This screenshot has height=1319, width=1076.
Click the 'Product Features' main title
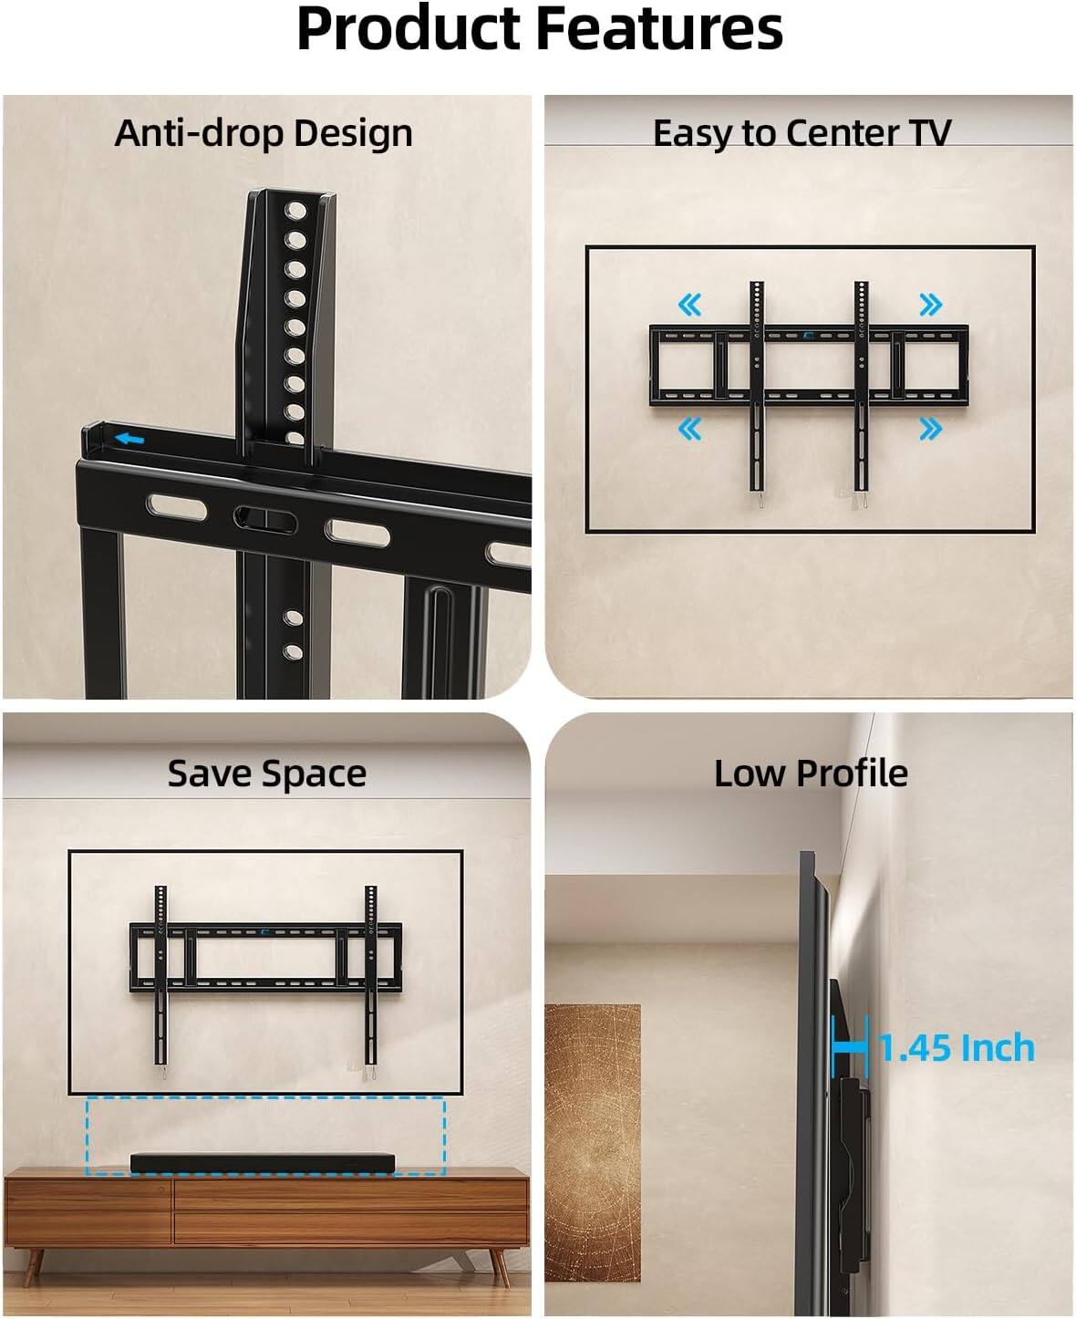tap(539, 29)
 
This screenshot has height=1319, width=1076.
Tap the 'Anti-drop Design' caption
tap(264, 133)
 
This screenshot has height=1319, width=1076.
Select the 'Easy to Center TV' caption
tap(802, 133)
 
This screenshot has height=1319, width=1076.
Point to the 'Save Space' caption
tap(266, 774)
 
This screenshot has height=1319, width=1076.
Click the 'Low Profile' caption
tap(811, 774)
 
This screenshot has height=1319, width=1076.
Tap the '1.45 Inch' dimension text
tap(957, 1049)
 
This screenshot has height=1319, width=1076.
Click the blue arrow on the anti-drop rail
tap(129, 440)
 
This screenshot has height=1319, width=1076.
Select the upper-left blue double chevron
tap(690, 305)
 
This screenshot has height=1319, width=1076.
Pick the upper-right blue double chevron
tap(930, 305)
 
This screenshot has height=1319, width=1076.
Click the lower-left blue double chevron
tap(690, 428)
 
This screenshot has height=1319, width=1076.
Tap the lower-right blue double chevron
tap(930, 428)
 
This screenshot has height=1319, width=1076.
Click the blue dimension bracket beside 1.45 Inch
tap(850, 1047)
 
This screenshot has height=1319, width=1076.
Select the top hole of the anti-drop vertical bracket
tap(295, 212)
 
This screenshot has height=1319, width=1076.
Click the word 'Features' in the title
tap(658, 29)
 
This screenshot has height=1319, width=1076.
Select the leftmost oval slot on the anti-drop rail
tap(179, 507)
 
